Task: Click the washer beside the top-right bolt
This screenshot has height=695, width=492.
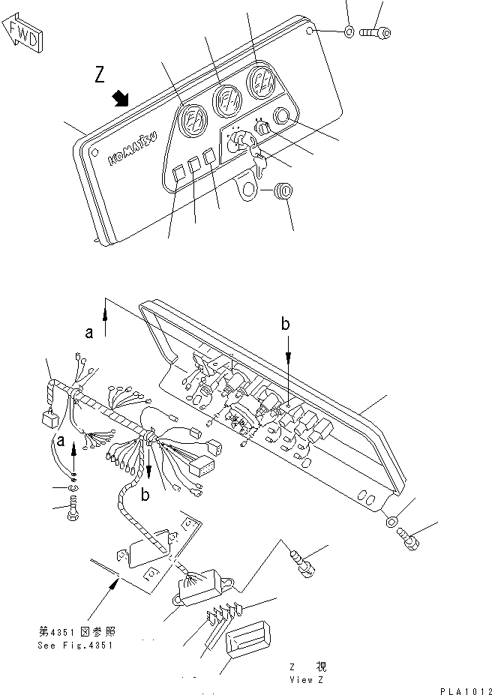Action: click(x=349, y=32)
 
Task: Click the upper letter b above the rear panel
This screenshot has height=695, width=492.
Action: click(x=286, y=324)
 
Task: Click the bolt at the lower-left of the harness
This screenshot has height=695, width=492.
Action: click(x=73, y=514)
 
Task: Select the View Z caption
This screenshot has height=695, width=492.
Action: click(x=307, y=673)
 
